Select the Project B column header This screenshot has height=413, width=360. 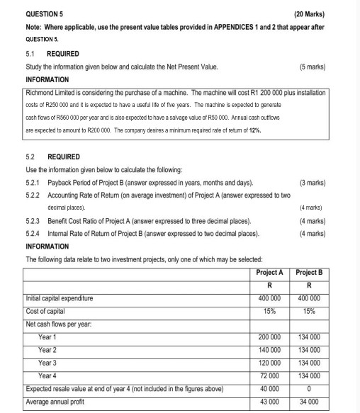(310, 272)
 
